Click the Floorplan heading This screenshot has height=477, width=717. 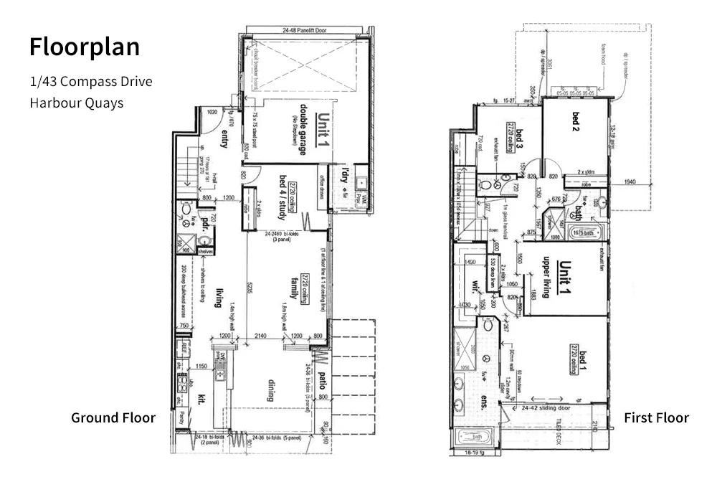coord(85,47)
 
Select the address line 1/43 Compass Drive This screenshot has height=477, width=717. coord(90,82)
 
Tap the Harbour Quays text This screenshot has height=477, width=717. coord(76,103)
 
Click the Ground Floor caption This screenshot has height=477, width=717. coord(113,417)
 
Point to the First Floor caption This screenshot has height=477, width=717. coord(656,417)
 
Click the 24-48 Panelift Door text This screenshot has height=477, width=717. coord(306,31)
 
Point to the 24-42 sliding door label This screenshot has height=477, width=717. coord(546,406)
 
